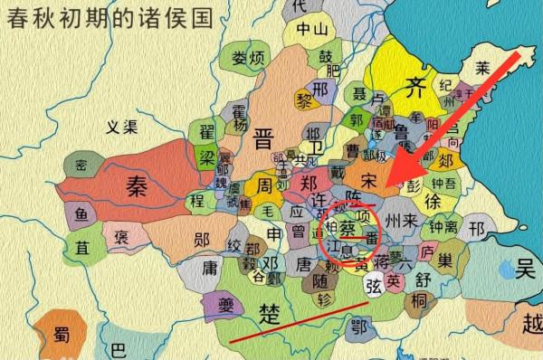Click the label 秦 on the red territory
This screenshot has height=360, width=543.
pyautogui.click(x=137, y=187)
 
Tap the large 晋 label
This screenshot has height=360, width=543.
pyautogui.click(x=263, y=138)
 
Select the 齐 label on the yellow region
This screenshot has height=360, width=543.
pyautogui.click(x=414, y=89)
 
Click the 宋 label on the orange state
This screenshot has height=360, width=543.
pyautogui.click(x=367, y=181)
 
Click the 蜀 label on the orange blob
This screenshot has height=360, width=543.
pyautogui.click(x=62, y=333)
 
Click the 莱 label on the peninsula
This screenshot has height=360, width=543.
pyautogui.click(x=483, y=69)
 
